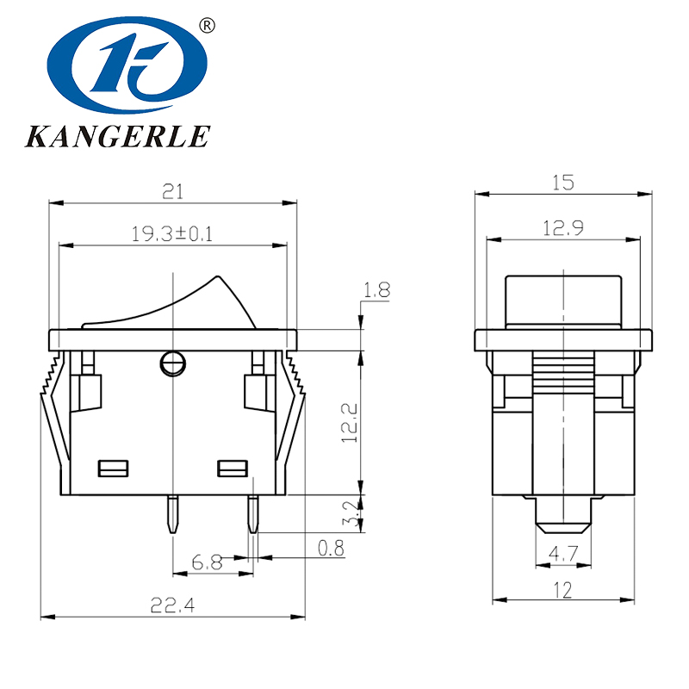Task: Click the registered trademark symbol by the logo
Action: [206, 26]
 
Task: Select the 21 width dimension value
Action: [173, 193]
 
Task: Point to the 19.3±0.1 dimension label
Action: [172, 233]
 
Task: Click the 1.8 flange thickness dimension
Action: [376, 291]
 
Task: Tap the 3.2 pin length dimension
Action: [349, 515]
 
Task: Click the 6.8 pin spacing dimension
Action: [207, 563]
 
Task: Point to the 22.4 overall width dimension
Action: [173, 605]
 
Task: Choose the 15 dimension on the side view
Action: [563, 183]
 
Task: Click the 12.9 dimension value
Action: [563, 228]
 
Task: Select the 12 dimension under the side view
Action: [563, 591]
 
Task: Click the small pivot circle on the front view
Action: [173, 364]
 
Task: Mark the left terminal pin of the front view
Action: [173, 514]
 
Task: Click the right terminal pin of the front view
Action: [253, 514]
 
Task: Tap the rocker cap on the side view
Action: [563, 301]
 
